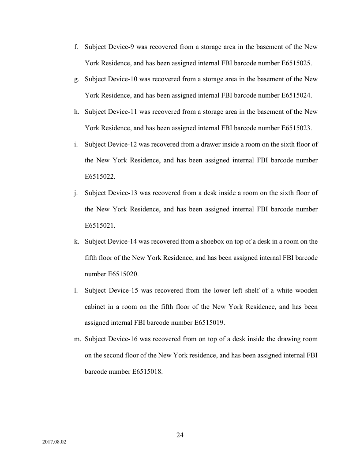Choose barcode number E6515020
pos(123,274)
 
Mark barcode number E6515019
pos(210,323)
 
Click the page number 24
pos(180,435)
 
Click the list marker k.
pos(76,241)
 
